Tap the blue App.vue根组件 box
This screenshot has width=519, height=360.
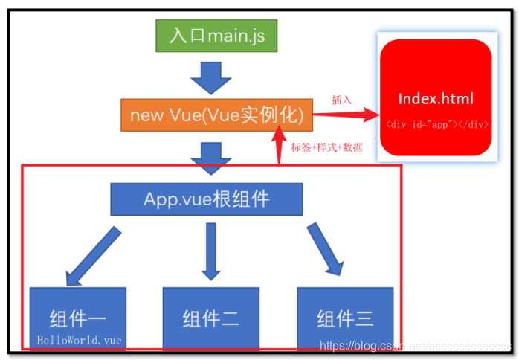point(207,199)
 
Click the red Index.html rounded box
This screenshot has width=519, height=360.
point(436,97)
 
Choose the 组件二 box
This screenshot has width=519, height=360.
point(210,318)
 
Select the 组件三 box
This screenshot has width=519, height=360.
point(344,318)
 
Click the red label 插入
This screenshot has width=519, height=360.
point(341,100)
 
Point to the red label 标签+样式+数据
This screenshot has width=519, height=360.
point(327,147)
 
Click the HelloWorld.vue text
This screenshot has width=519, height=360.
point(80,341)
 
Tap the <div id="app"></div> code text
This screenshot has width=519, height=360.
point(436,125)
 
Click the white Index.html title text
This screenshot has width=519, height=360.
point(436,98)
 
